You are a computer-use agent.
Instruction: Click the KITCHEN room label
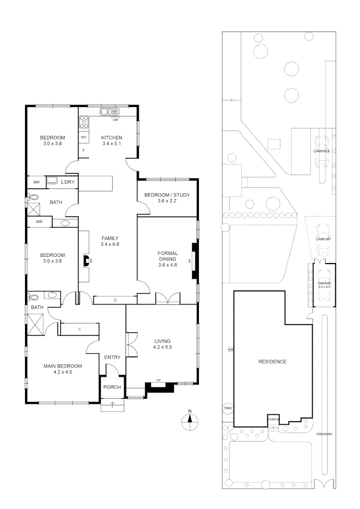[112, 138]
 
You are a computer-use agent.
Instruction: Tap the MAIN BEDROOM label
[63, 366]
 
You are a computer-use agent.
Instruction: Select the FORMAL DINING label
[167, 256]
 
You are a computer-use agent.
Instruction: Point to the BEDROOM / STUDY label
[167, 195]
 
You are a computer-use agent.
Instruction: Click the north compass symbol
[189, 421]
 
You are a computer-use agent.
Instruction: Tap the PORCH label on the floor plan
[113, 387]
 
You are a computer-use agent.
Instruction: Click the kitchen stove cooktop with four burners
[83, 122]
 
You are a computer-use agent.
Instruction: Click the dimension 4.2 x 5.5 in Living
[162, 347]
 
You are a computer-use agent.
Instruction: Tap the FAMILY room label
[109, 238]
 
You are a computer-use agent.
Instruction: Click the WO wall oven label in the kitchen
[83, 137]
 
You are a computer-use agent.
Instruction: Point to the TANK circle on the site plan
[228, 408]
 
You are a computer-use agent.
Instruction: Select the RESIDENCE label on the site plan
[272, 361]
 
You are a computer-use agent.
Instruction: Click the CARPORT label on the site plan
[323, 239]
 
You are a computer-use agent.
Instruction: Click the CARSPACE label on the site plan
[322, 151]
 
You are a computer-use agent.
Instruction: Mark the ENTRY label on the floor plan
[112, 357]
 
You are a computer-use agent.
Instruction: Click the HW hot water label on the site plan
[230, 350]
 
